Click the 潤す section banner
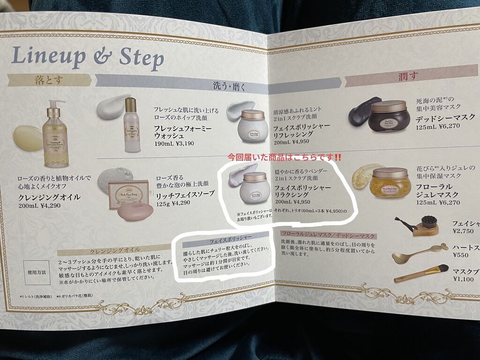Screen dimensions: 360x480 tap(408, 76)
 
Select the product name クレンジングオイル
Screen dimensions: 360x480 tap(49, 197)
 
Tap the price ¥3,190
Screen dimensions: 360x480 tap(181, 143)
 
